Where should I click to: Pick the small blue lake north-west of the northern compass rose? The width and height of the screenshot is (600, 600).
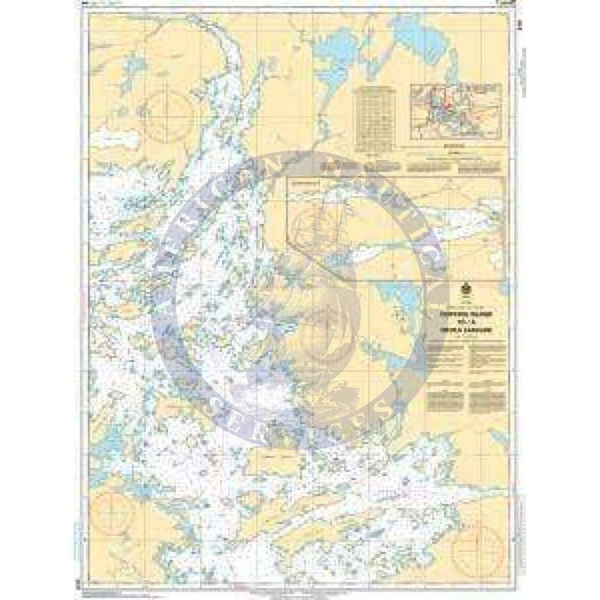tap(130, 66)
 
